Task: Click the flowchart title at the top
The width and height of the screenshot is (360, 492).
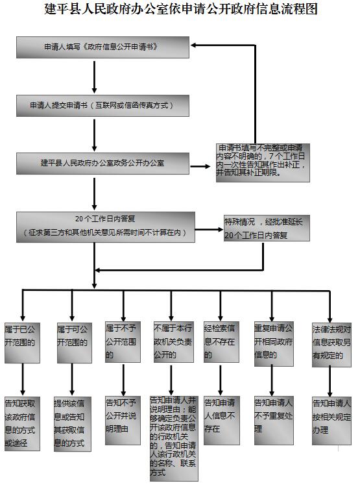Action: tap(181, 9)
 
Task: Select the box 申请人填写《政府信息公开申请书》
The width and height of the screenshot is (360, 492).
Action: tap(102, 47)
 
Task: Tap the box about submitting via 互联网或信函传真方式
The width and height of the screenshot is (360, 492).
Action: tap(102, 105)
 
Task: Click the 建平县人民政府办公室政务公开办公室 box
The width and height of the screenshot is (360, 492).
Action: tap(102, 163)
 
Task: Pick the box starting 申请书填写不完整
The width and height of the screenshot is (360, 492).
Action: tap(263, 162)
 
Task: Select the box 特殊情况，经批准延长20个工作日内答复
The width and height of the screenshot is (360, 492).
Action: tap(267, 228)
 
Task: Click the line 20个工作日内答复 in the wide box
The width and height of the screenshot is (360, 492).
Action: tap(105, 218)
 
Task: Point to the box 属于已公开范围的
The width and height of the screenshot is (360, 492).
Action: tap(22, 343)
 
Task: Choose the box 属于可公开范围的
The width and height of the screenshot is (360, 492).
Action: tap(75, 343)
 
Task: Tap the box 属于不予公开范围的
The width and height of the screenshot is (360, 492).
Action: tap(123, 341)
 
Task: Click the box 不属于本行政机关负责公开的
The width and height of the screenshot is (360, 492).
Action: tap(173, 341)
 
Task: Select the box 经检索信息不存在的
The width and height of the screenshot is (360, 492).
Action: tap(221, 341)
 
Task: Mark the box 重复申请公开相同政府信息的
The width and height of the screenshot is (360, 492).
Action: tap(274, 343)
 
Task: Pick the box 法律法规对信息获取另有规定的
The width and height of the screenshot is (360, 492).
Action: tap(331, 345)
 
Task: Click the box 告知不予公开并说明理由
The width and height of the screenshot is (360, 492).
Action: tap(123, 421)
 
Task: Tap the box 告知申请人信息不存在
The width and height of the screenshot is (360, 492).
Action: tap(221, 421)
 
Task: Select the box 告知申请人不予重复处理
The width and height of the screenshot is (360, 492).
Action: tap(274, 421)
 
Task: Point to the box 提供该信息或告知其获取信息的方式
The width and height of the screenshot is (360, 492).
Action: tap(73, 424)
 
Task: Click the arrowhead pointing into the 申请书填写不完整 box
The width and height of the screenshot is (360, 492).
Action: tap(208, 166)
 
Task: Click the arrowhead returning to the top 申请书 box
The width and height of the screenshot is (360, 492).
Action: tap(193, 45)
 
